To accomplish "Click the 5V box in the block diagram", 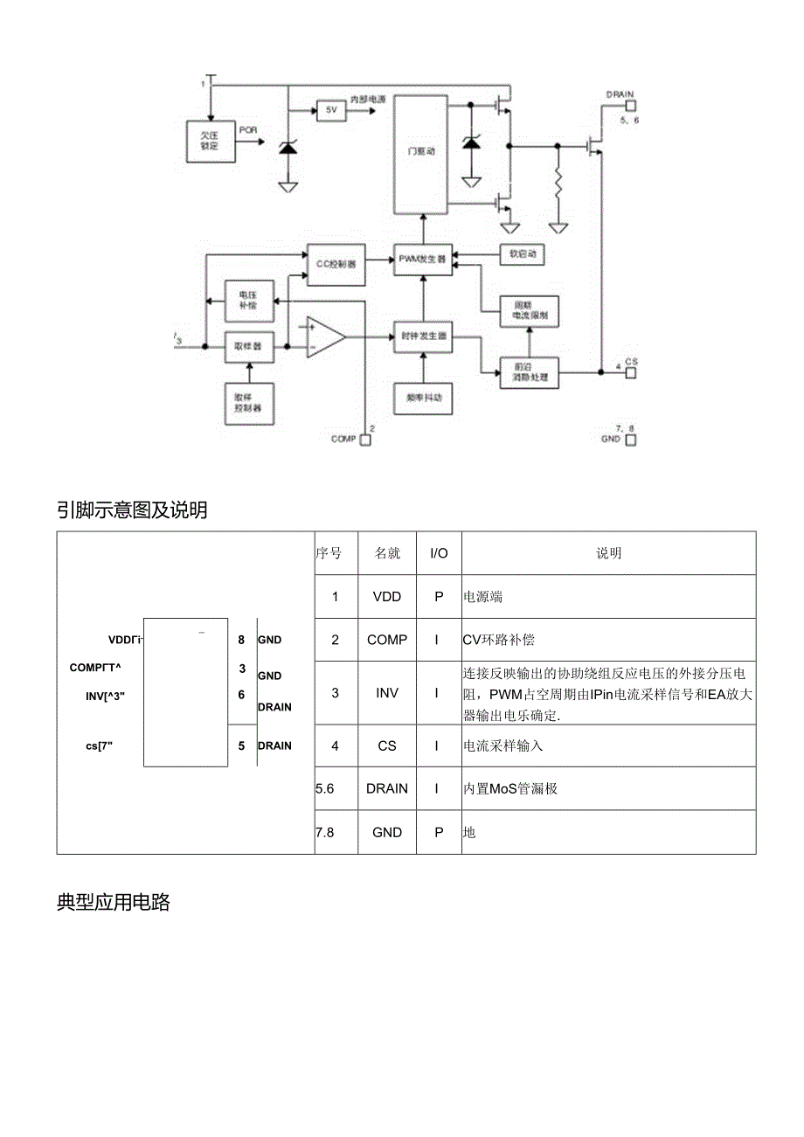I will coord(331,111).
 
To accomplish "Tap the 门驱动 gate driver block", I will coord(421,153).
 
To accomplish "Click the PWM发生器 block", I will coord(422,260).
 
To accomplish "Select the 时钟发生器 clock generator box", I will coord(423,336).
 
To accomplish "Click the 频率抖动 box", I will coord(424,398).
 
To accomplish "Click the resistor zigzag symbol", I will coord(558,184).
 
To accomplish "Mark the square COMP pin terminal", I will coord(365,440).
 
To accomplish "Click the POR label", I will coord(248,130).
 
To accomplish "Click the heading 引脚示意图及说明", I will coord(132,510).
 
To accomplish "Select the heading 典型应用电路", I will coord(114,904).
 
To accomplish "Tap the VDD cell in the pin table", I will coord(387,597).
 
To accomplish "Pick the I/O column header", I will coord(439,553).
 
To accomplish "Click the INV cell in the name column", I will coord(387,693).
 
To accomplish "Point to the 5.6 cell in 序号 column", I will coord(325,788).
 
